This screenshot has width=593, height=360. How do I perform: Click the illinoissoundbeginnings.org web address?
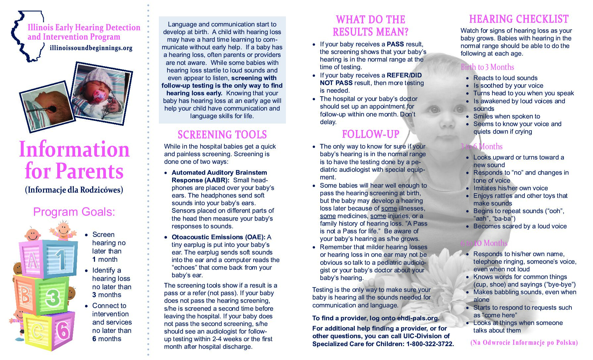[x=91, y=48]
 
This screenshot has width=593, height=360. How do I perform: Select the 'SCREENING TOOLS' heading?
[x=222, y=135]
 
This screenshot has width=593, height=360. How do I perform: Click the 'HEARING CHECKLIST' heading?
[x=519, y=19]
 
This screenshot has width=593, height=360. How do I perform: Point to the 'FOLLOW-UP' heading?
[x=371, y=134]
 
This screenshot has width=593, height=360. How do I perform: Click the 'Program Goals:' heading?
[x=74, y=212]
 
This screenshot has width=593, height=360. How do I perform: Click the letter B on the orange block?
[x=25, y=294]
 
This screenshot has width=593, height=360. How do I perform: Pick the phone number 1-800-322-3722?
[x=430, y=344]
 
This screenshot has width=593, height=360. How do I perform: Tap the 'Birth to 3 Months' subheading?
[x=487, y=67]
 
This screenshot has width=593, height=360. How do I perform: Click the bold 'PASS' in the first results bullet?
[x=395, y=44]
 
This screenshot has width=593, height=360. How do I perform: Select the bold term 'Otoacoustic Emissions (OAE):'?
[x=218, y=237]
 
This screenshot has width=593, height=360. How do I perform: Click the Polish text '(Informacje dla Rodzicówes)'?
[x=74, y=190]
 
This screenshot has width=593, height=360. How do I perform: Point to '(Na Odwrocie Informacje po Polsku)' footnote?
[x=524, y=342]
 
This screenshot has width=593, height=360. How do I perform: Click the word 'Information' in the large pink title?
[x=74, y=149]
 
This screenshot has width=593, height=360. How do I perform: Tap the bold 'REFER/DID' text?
[x=404, y=75]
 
